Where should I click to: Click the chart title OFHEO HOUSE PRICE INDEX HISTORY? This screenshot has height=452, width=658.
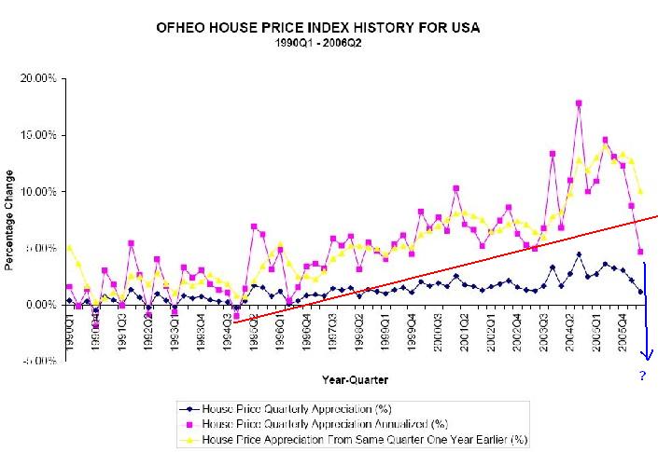coord(319,28)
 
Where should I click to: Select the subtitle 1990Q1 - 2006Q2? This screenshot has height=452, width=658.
coord(319,43)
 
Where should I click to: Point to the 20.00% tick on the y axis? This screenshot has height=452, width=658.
coord(38,78)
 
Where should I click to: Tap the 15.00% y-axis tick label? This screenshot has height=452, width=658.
coord(38,135)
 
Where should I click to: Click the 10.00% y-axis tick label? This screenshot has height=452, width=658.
coord(38,192)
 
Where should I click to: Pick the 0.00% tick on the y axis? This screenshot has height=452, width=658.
coord(40,305)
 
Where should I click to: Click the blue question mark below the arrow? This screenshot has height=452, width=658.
coord(642,377)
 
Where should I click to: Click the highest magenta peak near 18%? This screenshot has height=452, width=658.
coord(579,103)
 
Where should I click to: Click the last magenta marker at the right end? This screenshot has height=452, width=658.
coord(640,252)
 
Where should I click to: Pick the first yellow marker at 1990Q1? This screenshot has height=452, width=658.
coord(69,248)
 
